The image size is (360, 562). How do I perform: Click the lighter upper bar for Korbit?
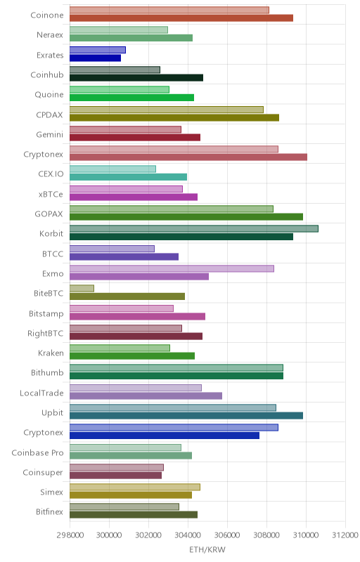pyautogui.click(x=193, y=229)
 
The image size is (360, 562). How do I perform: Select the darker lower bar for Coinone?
pyautogui.click(x=181, y=18)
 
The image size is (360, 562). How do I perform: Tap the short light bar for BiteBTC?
pyautogui.click(x=82, y=288)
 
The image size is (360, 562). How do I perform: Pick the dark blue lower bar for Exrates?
pyautogui.click(x=95, y=58)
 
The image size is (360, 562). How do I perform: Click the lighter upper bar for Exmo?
pyautogui.click(x=172, y=268)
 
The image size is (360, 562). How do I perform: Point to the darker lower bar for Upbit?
pyautogui.click(x=186, y=416)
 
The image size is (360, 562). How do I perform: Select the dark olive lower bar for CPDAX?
pyautogui.click(x=174, y=117)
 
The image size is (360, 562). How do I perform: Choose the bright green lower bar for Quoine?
pyautogui.click(x=131, y=98)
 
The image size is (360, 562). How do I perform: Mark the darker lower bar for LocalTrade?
pyautogui.click(x=146, y=396)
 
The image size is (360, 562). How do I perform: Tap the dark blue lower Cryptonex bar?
pyautogui.click(x=165, y=436)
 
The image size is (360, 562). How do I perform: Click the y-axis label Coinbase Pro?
pyautogui.click(x=38, y=452)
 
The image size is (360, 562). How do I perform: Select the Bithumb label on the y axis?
pyautogui.click(x=47, y=373)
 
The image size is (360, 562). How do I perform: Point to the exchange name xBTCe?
pyautogui.click(x=51, y=194)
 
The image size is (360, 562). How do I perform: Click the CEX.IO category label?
pyautogui.click(x=51, y=174)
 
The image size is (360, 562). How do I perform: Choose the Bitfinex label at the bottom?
pyautogui.click(x=49, y=512)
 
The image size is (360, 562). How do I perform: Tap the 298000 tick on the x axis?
pyautogui.click(x=70, y=535)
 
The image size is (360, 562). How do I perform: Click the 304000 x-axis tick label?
pyautogui.click(x=188, y=535)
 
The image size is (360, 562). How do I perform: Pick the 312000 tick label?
pyautogui.click(x=345, y=535)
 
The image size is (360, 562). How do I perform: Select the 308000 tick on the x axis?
pyautogui.click(x=266, y=535)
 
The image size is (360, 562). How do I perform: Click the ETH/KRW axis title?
pyautogui.click(x=207, y=550)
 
